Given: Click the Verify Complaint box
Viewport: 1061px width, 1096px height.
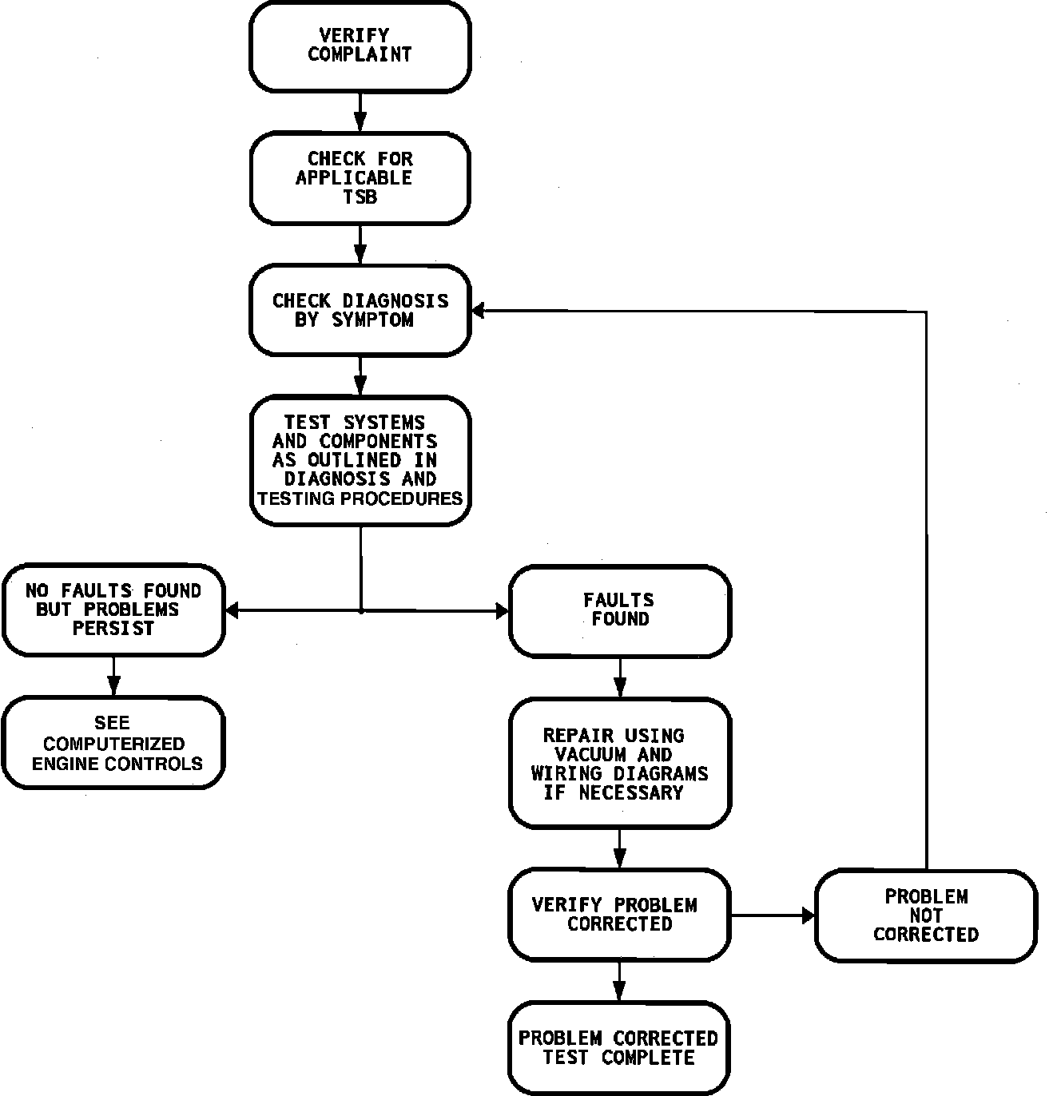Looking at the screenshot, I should (360, 46).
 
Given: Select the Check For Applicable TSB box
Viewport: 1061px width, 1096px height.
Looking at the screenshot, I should (360, 178).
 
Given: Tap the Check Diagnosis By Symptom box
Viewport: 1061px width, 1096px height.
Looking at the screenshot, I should (360, 310).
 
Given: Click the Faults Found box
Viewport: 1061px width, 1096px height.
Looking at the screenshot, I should (620, 610).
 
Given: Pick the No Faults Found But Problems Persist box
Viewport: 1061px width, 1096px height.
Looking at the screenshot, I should (113, 610).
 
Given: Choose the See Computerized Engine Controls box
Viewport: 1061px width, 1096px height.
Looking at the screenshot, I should (113, 743).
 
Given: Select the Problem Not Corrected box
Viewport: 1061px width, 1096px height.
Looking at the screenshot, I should (925, 915).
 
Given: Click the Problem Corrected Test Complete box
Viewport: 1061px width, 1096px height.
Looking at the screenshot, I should (619, 1047).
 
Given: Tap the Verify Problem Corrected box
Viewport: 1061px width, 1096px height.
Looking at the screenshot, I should (619, 915).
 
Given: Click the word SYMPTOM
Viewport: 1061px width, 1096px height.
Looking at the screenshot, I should (373, 320).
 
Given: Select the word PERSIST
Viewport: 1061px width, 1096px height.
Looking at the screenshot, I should (113, 629).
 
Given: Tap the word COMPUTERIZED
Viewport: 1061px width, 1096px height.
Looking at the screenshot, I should (114, 744).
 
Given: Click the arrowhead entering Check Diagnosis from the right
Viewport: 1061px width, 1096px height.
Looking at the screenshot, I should (478, 311).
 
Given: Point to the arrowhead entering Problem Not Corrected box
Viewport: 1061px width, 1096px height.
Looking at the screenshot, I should (808, 915).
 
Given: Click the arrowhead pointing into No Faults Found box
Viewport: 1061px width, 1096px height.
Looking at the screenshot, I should (232, 611).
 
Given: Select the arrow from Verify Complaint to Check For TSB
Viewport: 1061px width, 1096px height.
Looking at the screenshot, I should (360, 112).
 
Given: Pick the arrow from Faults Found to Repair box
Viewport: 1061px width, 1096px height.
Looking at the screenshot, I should (620, 678).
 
